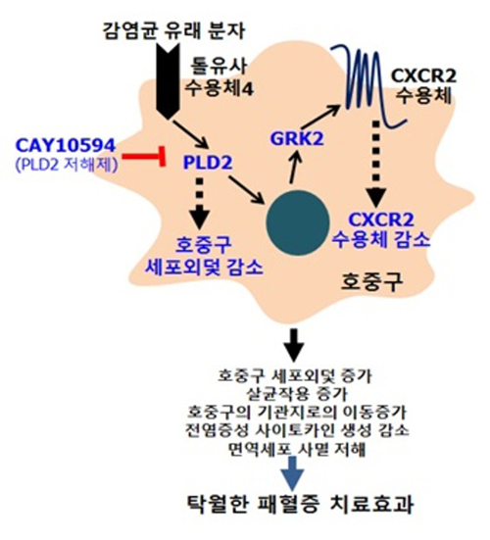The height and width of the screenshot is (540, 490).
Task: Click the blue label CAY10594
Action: pyautogui.click(x=65, y=145)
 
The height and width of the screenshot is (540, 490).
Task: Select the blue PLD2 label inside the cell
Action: pyautogui.click(x=208, y=163)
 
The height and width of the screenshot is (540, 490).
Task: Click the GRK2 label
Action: pyautogui.click(x=297, y=139)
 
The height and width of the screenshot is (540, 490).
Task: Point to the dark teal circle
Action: pyautogui.click(x=298, y=222)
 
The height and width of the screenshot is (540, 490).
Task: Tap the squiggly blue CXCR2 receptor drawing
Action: pyautogui.click(x=368, y=86)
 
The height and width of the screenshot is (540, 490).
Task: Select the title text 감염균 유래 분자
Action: pyautogui.click(x=173, y=30)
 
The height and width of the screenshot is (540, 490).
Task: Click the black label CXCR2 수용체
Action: pyautogui.click(x=423, y=85)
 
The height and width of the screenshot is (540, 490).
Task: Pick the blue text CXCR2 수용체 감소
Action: pyautogui.click(x=380, y=230)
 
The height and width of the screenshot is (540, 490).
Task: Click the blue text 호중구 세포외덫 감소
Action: pyautogui.click(x=204, y=256)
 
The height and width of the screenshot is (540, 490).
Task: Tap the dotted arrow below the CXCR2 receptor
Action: pyautogui.click(x=376, y=164)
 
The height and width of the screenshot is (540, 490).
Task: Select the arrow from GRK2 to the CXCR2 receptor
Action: pyautogui.click(x=319, y=118)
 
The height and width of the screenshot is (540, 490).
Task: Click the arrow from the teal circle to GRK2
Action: pyautogui.click(x=294, y=168)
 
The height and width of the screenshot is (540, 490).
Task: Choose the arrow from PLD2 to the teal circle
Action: pyautogui.click(x=246, y=190)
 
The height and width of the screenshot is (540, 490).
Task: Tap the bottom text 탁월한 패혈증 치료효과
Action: pyautogui.click(x=300, y=505)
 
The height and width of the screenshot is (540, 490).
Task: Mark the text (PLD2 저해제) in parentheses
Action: pyautogui.click(x=67, y=165)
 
